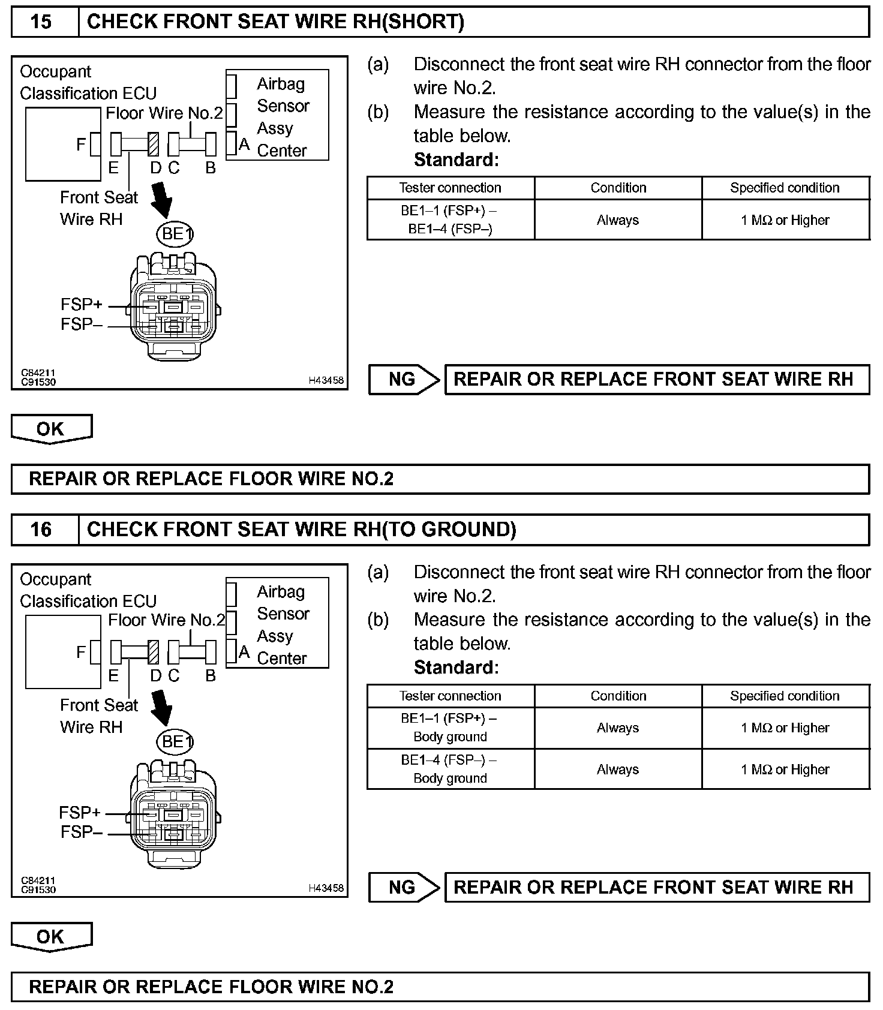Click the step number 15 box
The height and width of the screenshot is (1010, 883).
coord(41,22)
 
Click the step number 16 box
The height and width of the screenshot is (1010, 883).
coord(41,530)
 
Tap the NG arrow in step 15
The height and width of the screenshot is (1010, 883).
coord(404,379)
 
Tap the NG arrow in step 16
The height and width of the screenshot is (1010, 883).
coord(404,887)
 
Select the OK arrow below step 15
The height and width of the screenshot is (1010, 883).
coord(51,429)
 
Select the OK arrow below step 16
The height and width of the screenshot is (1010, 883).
coord(51,936)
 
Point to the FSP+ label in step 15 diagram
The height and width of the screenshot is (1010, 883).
coord(81,305)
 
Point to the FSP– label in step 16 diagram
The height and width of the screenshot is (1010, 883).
coord(81,832)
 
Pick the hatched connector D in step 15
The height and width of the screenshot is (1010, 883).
coord(154,144)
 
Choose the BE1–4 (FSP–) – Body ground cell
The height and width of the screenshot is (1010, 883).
coord(450,769)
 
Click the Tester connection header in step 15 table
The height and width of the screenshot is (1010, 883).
coord(450,188)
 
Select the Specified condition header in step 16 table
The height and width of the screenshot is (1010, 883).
coord(785,696)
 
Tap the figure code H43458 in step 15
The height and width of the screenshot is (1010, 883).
coord(326,380)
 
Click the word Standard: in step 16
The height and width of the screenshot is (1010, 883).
coord(456,668)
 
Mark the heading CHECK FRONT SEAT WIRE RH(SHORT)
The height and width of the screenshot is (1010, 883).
coord(275,22)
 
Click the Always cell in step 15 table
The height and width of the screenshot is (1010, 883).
coord(618,220)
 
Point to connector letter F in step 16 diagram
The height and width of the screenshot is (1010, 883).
coord(82,652)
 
